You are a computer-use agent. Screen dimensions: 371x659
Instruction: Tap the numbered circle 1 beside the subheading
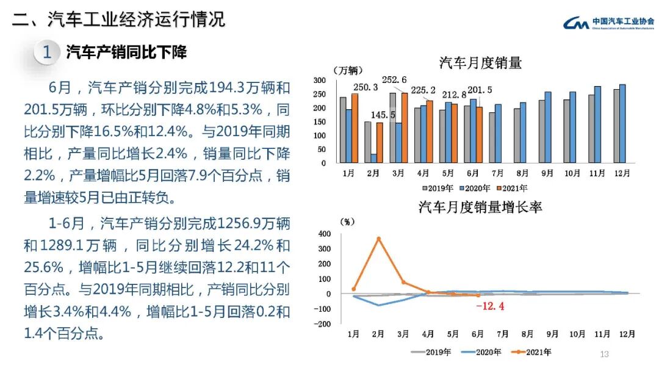pyautogui.click(x=47, y=52)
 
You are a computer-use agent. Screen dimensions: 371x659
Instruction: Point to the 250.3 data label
pyautogui.click(x=366, y=87)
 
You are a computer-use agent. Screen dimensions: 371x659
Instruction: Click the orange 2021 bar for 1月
pyautogui.click(x=355, y=128)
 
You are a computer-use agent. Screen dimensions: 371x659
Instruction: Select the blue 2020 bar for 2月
pyautogui.click(x=373, y=159)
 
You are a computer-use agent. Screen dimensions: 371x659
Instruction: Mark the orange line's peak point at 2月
pyautogui.click(x=378, y=239)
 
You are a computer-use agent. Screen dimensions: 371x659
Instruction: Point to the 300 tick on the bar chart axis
pyautogui.click(x=320, y=81)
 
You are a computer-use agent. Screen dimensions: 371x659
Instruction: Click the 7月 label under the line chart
pyautogui.click(x=503, y=334)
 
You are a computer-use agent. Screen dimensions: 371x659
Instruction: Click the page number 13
pyautogui.click(x=605, y=354)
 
